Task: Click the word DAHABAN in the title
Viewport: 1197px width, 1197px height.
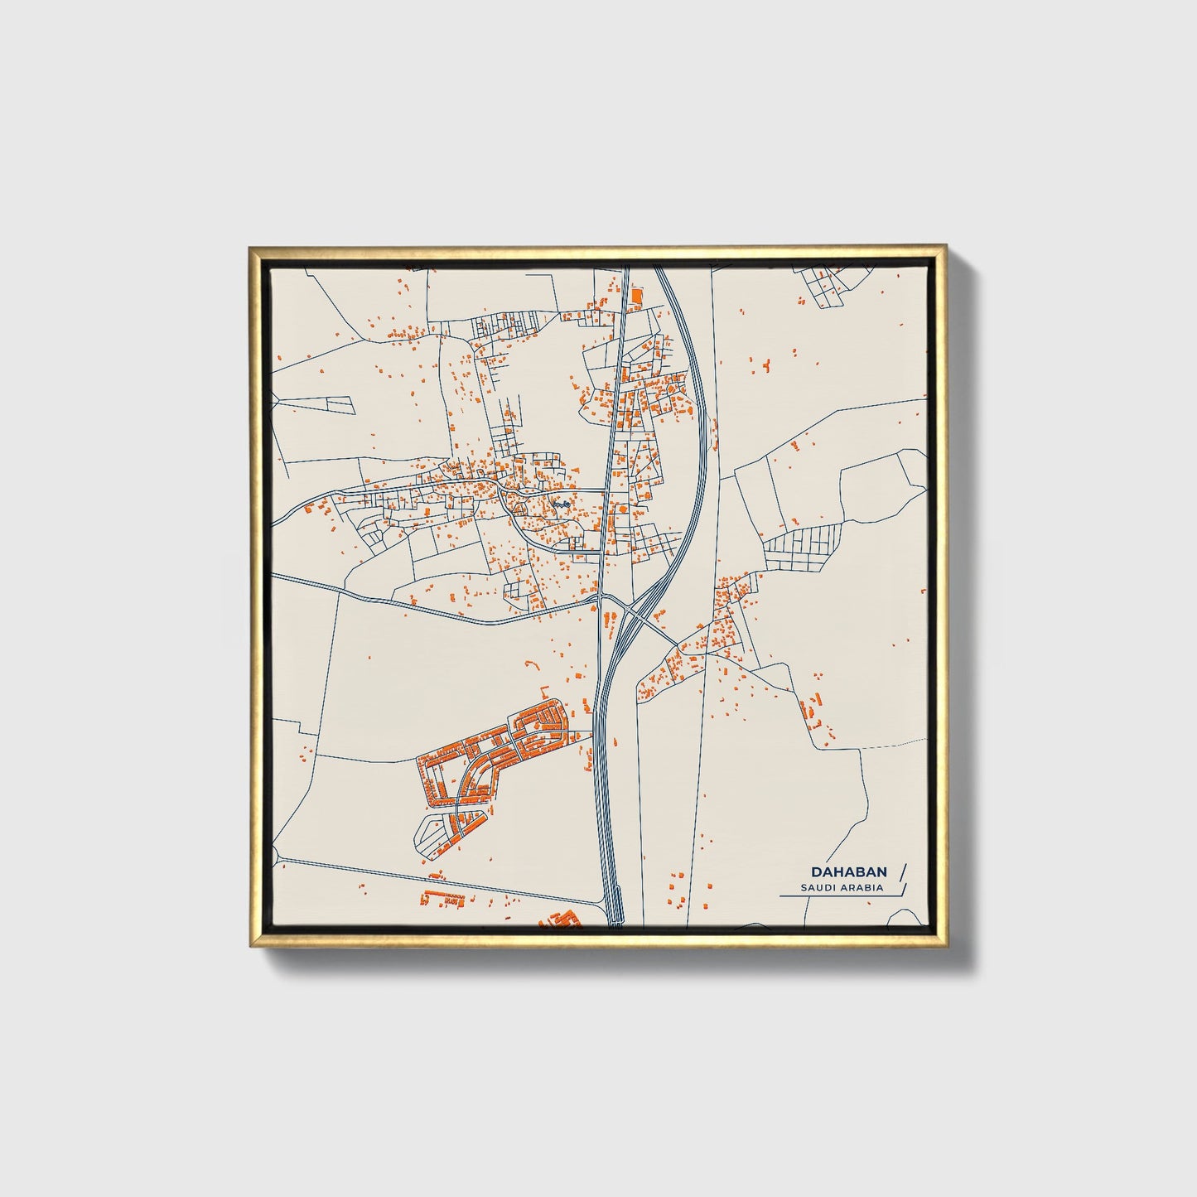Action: pyautogui.click(x=849, y=872)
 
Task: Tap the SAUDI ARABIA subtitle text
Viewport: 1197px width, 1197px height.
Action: pyautogui.click(x=842, y=888)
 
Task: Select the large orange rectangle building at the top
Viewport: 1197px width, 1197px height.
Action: pyautogui.click(x=636, y=296)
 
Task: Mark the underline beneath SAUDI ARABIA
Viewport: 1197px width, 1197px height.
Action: pyautogui.click(x=837, y=896)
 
